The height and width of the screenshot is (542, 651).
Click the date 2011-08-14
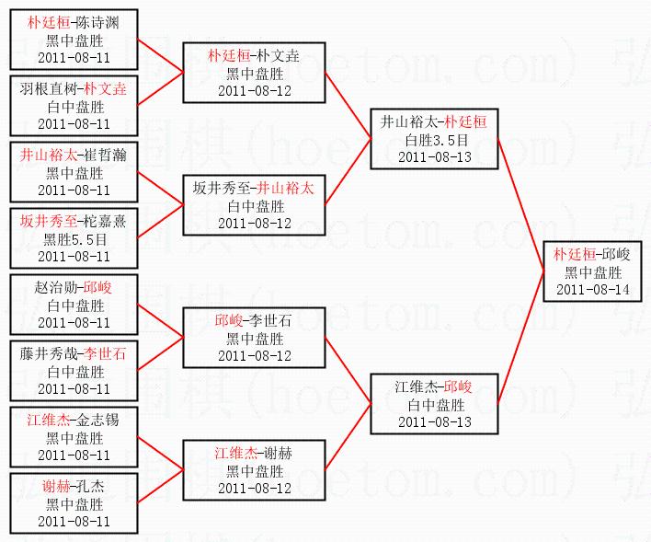593,289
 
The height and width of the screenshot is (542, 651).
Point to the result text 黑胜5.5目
74,239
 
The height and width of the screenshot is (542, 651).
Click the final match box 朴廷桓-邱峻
593,272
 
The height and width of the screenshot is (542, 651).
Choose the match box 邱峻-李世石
253,338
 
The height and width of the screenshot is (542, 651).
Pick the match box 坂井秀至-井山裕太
253,205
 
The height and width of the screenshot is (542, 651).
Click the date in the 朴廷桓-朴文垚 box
253,91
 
